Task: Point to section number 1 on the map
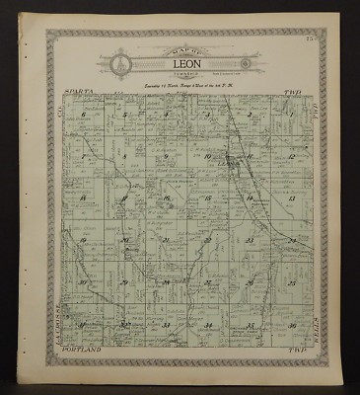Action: pyautogui.click(x=292, y=116)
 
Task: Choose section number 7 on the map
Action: pyautogui.click(x=84, y=157)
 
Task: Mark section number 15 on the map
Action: pyautogui.click(x=208, y=198)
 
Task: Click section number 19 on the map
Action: pyautogui.click(x=84, y=240)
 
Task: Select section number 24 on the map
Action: pyautogui.click(x=292, y=240)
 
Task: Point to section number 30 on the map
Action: pyautogui.click(x=84, y=282)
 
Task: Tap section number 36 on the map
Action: pyautogui.click(x=292, y=325)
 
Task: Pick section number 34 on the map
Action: pyautogui.click(x=208, y=325)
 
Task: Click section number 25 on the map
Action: pyautogui.click(x=292, y=282)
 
